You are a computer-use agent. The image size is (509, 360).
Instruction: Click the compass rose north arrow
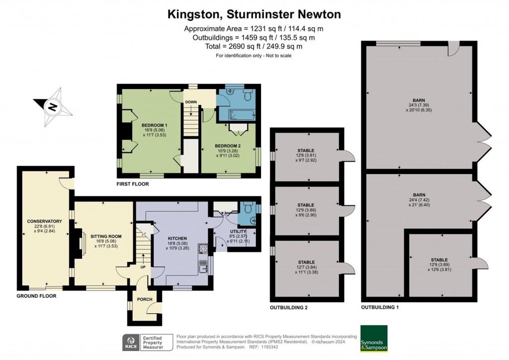click(52, 106)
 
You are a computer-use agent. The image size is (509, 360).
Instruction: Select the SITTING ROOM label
click(103, 236)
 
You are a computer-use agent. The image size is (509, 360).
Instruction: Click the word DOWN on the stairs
click(191, 102)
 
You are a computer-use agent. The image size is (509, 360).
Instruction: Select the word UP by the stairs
click(143, 267)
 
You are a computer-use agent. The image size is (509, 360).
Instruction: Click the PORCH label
click(145, 299)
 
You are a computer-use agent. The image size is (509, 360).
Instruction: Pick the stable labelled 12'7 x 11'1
click(306, 262)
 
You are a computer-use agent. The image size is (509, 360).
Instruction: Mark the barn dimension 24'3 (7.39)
click(417, 105)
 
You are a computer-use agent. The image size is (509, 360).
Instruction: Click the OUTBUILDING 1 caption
click(380, 308)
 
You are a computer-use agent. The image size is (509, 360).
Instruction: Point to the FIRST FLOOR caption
click(132, 184)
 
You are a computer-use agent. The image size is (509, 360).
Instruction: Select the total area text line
click(254, 46)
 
